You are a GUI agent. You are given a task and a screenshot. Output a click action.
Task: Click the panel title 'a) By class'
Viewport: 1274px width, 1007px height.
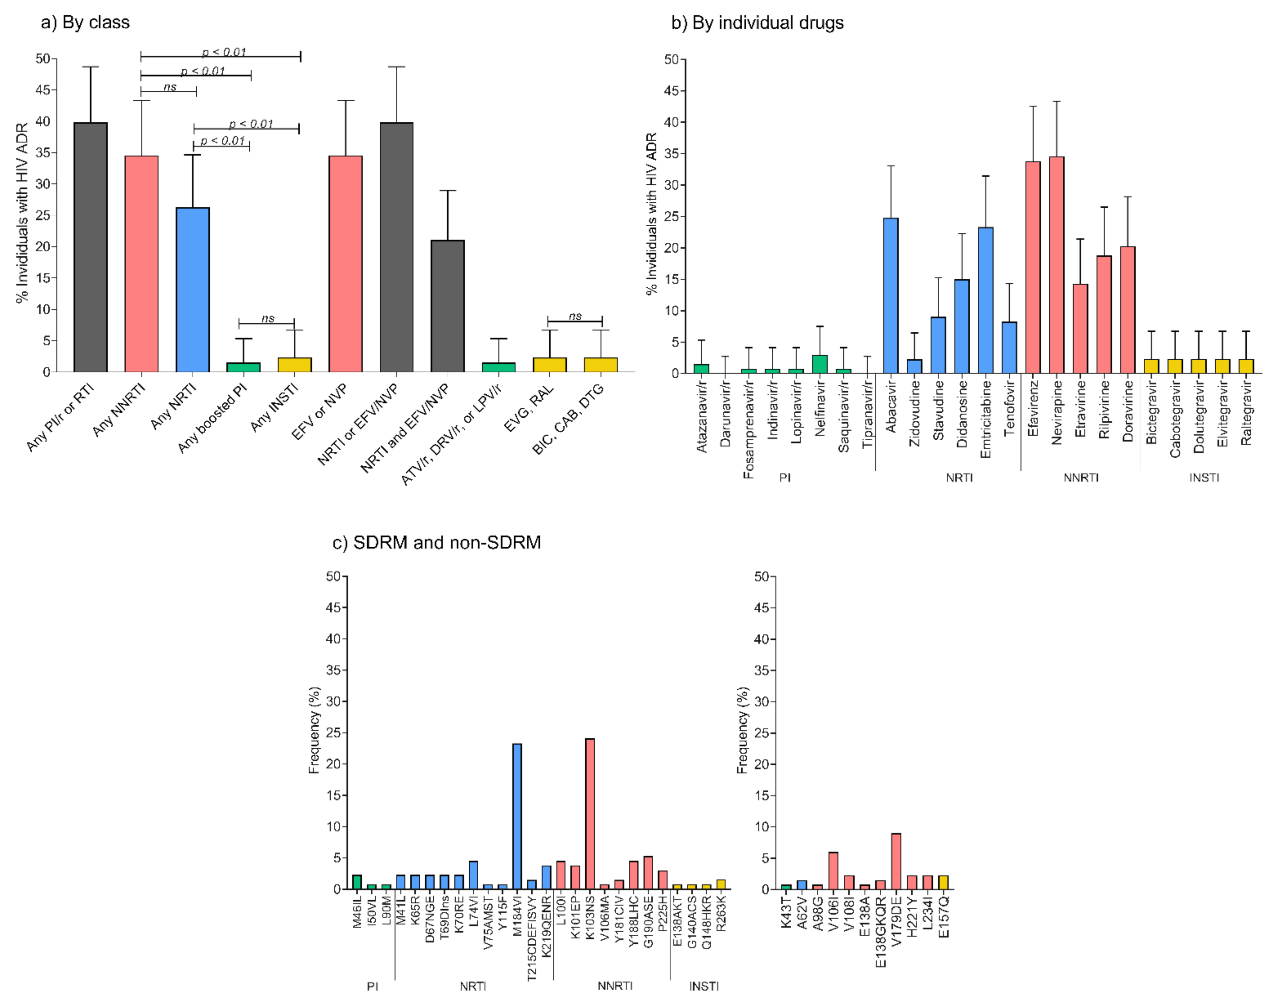click(85, 22)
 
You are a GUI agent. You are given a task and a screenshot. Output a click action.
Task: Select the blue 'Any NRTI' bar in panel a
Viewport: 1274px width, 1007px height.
click(193, 289)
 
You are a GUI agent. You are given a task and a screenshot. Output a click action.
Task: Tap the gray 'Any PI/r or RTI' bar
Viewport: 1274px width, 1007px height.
click(91, 248)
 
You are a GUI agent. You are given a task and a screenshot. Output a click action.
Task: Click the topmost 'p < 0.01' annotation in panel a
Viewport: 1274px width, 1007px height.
click(224, 52)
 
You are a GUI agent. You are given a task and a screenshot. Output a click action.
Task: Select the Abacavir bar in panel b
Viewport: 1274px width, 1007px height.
click(891, 295)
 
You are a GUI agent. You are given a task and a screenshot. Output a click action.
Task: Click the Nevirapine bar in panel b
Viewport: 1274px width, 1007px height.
click(1056, 265)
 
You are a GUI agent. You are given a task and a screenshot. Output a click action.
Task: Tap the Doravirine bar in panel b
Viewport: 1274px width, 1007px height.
click(1127, 309)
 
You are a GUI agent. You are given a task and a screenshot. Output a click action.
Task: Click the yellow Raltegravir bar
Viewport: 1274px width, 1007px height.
click(1246, 366)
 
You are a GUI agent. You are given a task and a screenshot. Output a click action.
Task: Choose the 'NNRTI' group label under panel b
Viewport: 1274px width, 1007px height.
click(1081, 478)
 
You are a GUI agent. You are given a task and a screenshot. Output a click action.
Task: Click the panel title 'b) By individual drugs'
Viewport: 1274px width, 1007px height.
click(757, 22)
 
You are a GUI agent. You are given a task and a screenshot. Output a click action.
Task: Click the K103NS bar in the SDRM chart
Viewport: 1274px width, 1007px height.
click(589, 814)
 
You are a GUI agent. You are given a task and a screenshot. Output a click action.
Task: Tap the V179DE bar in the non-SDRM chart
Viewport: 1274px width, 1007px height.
click(896, 861)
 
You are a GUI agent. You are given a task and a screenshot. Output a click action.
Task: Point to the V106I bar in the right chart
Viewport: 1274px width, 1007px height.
click(832, 870)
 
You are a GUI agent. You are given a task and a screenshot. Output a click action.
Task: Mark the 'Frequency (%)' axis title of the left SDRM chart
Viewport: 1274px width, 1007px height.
click(314, 730)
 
